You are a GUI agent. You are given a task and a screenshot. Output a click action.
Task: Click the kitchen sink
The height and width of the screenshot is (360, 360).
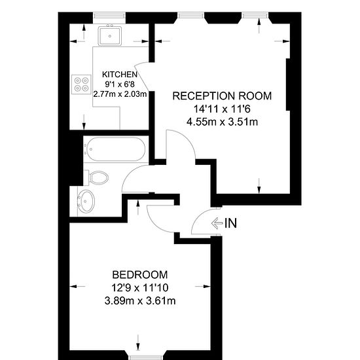pos(110,35)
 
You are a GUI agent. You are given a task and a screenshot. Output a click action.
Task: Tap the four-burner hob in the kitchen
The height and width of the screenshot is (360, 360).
pos(82,84)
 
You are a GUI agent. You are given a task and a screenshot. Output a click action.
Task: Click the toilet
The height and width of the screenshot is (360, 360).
pos(96,177)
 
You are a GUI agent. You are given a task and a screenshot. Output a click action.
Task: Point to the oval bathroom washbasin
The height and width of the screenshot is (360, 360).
pos(86,202)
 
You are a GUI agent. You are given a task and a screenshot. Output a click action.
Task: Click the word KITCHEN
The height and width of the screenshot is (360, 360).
pos(120,75)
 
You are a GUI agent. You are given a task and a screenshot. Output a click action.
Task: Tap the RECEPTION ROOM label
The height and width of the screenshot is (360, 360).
pos(222,96)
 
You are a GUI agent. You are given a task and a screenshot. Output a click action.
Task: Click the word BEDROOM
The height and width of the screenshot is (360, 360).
pos(140,275)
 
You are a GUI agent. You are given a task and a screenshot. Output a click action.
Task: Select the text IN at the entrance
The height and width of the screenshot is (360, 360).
pos(230,223)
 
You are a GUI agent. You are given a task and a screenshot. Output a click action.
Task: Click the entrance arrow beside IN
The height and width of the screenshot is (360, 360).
pos(217,223)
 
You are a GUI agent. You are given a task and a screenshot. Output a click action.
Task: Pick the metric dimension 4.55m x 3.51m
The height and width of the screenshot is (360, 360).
pos(222,122)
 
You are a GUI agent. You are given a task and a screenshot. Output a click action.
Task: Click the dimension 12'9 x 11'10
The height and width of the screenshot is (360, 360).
pos(140,287)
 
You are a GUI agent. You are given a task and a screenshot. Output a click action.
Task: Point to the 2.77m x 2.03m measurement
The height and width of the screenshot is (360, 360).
pos(120,94)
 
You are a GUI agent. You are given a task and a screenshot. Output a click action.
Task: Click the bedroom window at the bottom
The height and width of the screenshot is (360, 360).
pos(146,357)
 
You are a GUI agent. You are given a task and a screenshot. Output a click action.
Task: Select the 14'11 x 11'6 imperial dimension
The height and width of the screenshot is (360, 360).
pos(222,109)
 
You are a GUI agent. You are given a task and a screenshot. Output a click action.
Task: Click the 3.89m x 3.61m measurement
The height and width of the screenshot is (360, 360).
pos(140,300)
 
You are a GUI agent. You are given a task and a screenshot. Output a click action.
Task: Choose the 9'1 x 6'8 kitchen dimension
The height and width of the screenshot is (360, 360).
pos(120,84)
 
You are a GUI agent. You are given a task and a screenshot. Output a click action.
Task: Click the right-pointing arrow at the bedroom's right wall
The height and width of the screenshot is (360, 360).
pos(202,286)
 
